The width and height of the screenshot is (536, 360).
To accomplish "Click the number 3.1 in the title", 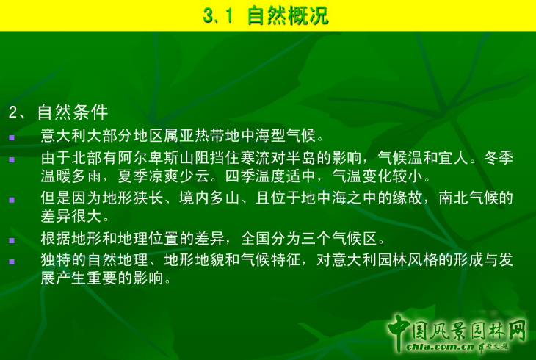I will (x=218, y=15).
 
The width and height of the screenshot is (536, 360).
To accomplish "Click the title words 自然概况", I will (x=288, y=15).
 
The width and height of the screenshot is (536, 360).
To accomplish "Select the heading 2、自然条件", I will (x=58, y=112).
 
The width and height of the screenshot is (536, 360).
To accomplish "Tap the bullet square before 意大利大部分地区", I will (x=11, y=137).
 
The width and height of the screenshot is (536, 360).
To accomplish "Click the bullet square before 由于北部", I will (x=11, y=159).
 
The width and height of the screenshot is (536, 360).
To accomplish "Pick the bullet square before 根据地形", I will (x=11, y=240).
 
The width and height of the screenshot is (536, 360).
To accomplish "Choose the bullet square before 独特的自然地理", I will (x=11, y=261).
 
